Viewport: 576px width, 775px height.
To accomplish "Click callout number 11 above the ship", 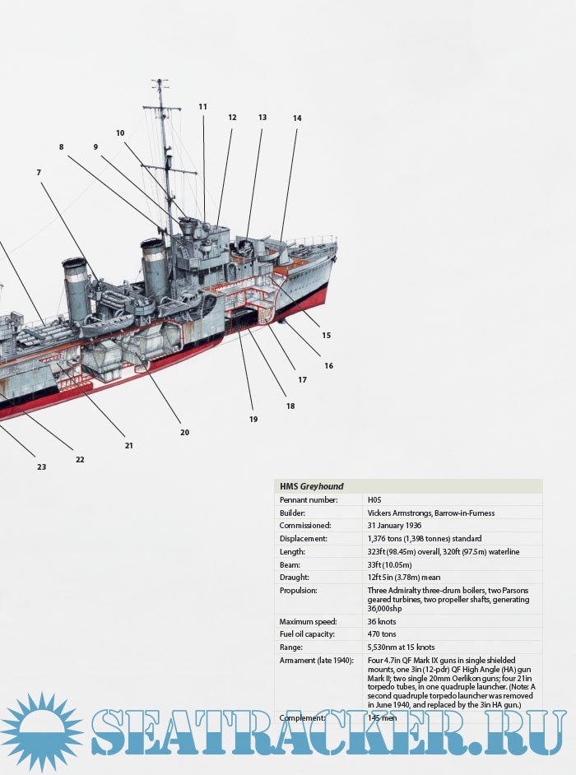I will click(203, 107).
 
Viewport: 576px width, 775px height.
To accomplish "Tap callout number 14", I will click(297, 118).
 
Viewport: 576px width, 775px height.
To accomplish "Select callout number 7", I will click(39, 173).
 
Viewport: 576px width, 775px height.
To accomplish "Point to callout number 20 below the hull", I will click(184, 433).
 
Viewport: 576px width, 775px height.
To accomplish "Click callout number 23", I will click(41, 467).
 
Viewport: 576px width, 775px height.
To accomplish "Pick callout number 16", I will click(328, 366).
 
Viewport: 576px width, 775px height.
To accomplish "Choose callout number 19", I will click(253, 420).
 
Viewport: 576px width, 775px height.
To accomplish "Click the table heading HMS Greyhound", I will click(312, 486).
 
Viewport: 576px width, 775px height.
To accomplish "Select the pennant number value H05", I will click(375, 499).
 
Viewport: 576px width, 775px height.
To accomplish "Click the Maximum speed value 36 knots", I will click(383, 622).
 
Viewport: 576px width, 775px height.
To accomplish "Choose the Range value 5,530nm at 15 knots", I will click(402, 648).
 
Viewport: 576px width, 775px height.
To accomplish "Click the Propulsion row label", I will click(300, 591).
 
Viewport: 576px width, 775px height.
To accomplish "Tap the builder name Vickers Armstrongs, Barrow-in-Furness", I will click(431, 513).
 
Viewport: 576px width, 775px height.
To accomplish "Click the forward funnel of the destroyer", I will click(154, 267).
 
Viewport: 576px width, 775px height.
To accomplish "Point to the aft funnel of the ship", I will click(76, 284).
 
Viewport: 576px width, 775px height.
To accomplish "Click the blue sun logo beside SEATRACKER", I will click(41, 731).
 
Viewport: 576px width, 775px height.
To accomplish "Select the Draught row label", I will click(296, 578).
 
